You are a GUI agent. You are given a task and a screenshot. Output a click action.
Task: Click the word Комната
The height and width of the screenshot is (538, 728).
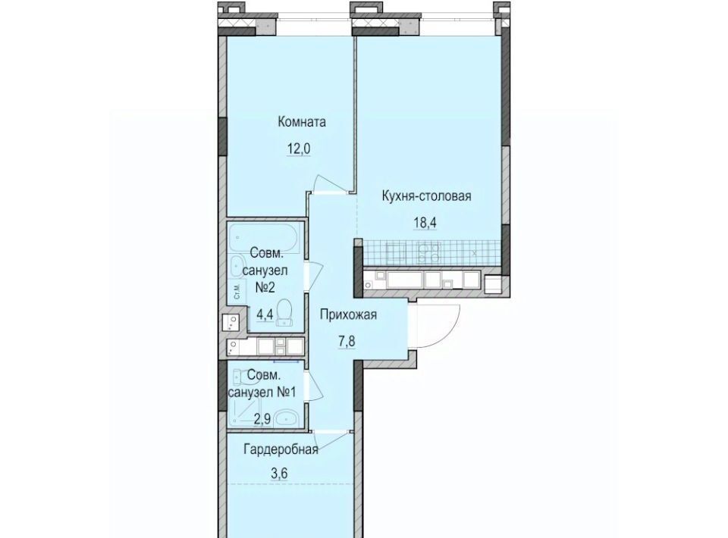tap(302, 122)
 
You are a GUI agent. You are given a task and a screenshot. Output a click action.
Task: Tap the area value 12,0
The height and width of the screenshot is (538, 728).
tap(298, 149)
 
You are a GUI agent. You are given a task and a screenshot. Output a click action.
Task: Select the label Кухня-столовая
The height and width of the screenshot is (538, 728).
tap(426, 195)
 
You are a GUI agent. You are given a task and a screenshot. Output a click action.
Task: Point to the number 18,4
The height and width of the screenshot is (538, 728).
tap(425, 223)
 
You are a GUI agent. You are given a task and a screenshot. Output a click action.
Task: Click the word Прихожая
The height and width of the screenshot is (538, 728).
tap(348, 315)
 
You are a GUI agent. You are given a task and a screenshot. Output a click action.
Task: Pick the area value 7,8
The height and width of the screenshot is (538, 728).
tap(346, 341)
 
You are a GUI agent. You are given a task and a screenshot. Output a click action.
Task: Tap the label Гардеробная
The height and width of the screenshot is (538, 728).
tap(281, 449)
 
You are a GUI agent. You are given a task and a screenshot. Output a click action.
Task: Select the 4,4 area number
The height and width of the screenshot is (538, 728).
tap(265, 315)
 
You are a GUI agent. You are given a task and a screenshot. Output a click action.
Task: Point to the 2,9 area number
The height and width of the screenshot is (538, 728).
tap(262, 419)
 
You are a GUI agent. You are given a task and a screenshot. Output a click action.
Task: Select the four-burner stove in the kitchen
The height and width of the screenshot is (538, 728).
tap(428, 253)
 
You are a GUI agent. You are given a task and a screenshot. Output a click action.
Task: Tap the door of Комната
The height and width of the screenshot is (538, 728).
tap(331, 184)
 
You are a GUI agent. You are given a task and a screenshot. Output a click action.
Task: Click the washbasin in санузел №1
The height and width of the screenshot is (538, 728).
tap(286, 419)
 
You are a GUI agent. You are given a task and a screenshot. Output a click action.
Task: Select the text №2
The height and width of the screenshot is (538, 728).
tap(265, 287)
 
